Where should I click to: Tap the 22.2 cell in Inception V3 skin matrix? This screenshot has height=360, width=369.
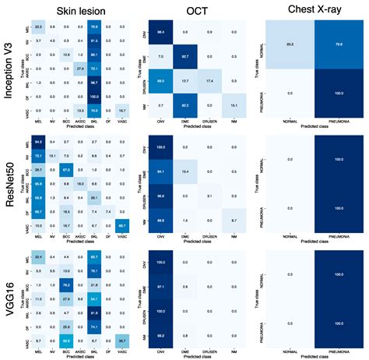38,26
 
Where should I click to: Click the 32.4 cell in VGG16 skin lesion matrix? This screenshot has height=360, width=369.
38,256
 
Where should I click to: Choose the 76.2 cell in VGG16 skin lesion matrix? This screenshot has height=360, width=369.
66,284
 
